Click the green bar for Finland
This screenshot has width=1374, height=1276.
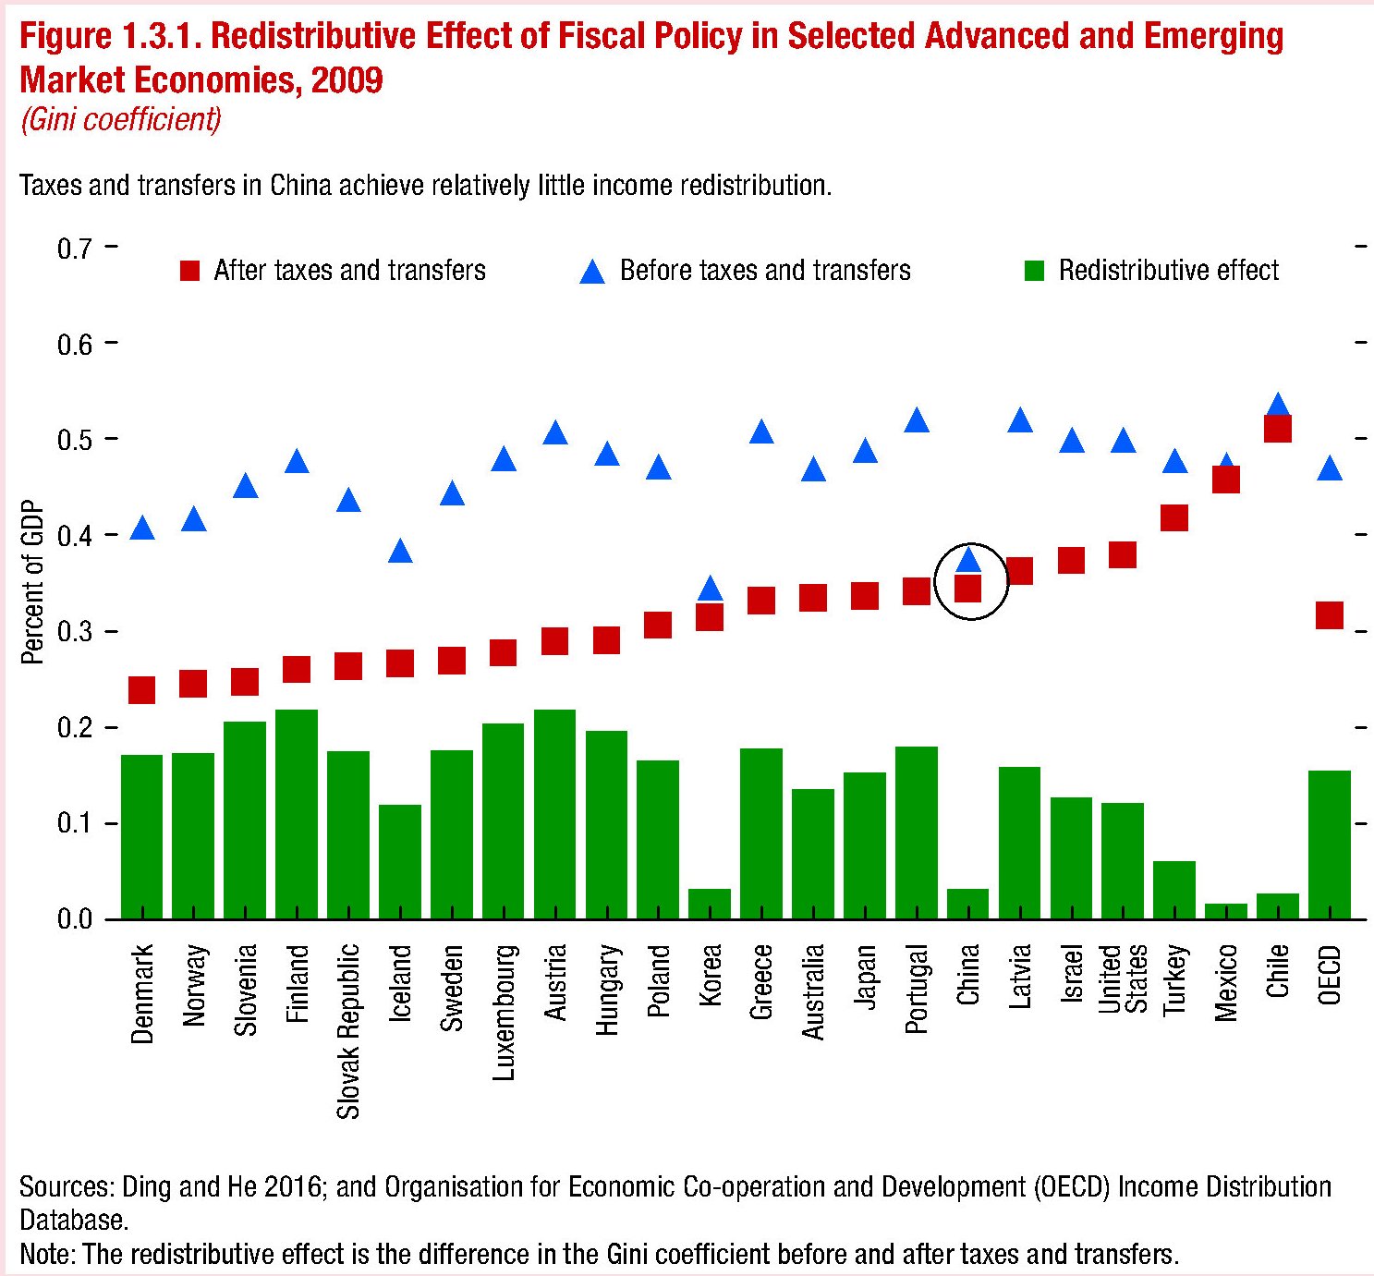pyautogui.click(x=297, y=813)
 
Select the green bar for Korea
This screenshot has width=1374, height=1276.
pyautogui.click(x=710, y=904)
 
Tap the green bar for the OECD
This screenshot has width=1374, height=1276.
pyautogui.click(x=1329, y=844)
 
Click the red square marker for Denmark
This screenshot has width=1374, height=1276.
pyautogui.click(x=141, y=689)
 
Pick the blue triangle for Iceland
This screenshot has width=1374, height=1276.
pyautogui.click(x=400, y=552)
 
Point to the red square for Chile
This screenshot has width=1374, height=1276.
pyautogui.click(x=1277, y=429)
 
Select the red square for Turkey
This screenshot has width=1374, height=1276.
pyautogui.click(x=1173, y=517)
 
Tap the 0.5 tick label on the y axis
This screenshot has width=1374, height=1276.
pyautogui.click(x=75, y=439)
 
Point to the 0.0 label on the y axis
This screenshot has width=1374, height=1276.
pyautogui.click(x=75, y=919)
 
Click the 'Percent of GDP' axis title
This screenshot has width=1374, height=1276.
pyautogui.click(x=32, y=582)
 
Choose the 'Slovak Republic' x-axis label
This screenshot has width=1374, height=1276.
pyautogui.click(x=348, y=1030)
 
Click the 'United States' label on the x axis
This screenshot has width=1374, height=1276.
pyautogui.click(x=1123, y=978)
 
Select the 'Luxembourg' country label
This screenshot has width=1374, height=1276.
pyautogui.click(x=504, y=1012)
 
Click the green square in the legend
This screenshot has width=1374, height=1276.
pyautogui.click(x=1034, y=271)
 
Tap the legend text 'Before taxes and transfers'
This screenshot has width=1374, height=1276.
pyautogui.click(x=765, y=271)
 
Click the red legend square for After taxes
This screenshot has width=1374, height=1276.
pyautogui.click(x=189, y=271)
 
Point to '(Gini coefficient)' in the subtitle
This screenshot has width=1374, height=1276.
pyautogui.click(x=121, y=120)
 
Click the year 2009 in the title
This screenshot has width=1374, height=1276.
pyautogui.click(x=347, y=80)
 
